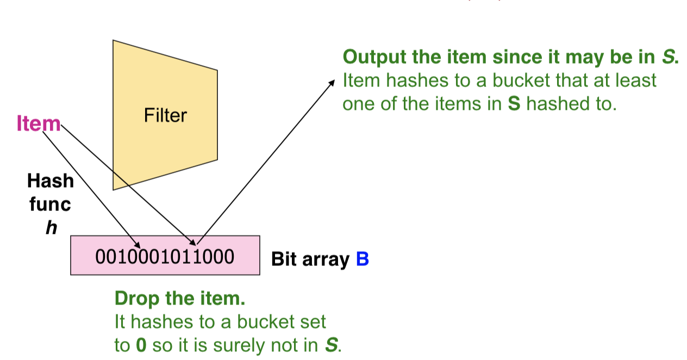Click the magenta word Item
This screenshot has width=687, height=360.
[x=39, y=124]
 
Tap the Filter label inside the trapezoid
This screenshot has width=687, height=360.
[x=165, y=115]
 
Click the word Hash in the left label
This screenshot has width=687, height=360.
[x=50, y=181]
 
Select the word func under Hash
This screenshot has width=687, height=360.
[x=50, y=204]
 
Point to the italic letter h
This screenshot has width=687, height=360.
[x=51, y=228]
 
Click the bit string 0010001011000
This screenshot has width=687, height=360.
[x=165, y=256]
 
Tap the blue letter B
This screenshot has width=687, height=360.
[x=363, y=259]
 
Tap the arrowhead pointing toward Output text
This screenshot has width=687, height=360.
[x=333, y=83]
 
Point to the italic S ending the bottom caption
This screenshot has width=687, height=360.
[x=330, y=345]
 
